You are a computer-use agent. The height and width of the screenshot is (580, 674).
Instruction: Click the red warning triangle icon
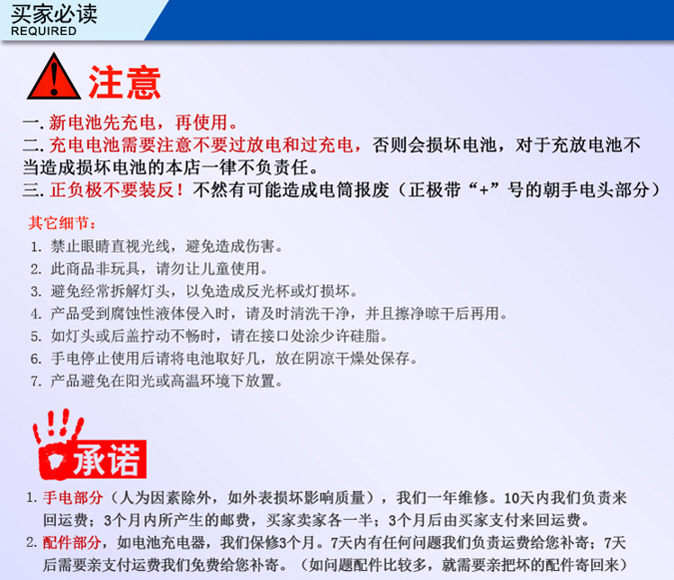(x=54, y=76)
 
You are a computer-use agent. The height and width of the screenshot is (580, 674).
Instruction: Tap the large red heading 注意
(x=125, y=83)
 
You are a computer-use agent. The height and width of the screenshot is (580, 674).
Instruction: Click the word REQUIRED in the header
(x=43, y=31)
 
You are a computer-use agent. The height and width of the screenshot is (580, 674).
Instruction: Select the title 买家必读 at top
(x=54, y=13)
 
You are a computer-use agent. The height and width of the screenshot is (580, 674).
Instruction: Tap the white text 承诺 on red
(x=106, y=460)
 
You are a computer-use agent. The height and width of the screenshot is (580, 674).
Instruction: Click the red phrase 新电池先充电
(x=103, y=123)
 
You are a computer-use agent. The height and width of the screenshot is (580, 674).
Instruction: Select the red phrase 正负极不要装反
(x=112, y=190)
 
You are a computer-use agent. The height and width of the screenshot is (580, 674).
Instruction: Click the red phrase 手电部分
(x=73, y=498)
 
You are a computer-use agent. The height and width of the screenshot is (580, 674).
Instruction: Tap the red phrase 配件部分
(x=72, y=542)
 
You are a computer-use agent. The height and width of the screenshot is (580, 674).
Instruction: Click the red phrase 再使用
(x=202, y=123)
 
